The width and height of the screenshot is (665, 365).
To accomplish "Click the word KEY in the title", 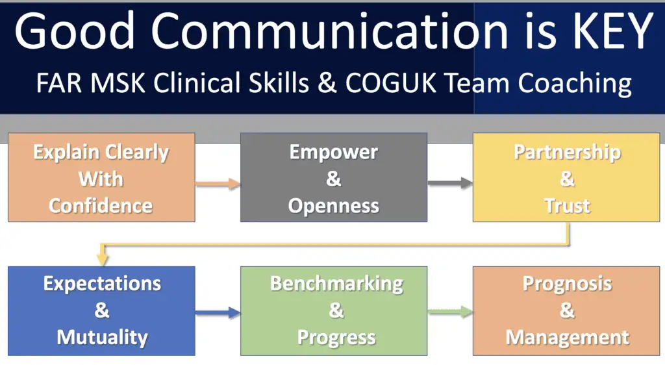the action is point(613,31).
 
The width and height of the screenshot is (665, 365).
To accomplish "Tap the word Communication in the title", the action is point(329,31).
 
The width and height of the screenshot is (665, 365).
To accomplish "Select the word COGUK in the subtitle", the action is point(390,82).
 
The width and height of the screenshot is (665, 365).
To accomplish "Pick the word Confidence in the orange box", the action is point(101,206).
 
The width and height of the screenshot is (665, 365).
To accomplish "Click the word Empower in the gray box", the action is point(334,153).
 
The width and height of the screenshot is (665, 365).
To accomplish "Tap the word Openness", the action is point(334,207).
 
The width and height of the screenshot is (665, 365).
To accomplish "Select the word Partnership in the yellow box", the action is point(568,153).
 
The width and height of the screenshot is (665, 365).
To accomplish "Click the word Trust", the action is point(568,206).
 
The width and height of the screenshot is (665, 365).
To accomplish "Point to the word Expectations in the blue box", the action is point(102,284).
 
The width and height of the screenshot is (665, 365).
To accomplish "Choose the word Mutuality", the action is point(102,338).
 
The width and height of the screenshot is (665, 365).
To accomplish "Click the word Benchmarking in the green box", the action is point(337,284).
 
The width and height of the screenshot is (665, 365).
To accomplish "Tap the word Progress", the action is point(337,338).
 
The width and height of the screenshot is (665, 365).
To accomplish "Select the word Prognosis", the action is point(568,284).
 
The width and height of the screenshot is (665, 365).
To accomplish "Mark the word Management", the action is point(568,338).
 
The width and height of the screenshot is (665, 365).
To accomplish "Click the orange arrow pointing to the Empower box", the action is point(218,184).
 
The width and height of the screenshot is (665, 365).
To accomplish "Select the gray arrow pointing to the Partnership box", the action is point(450,183).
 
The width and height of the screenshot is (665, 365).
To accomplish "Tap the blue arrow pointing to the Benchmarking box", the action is point(218,313).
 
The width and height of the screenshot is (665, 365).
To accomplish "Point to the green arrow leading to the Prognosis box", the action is point(450,312).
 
